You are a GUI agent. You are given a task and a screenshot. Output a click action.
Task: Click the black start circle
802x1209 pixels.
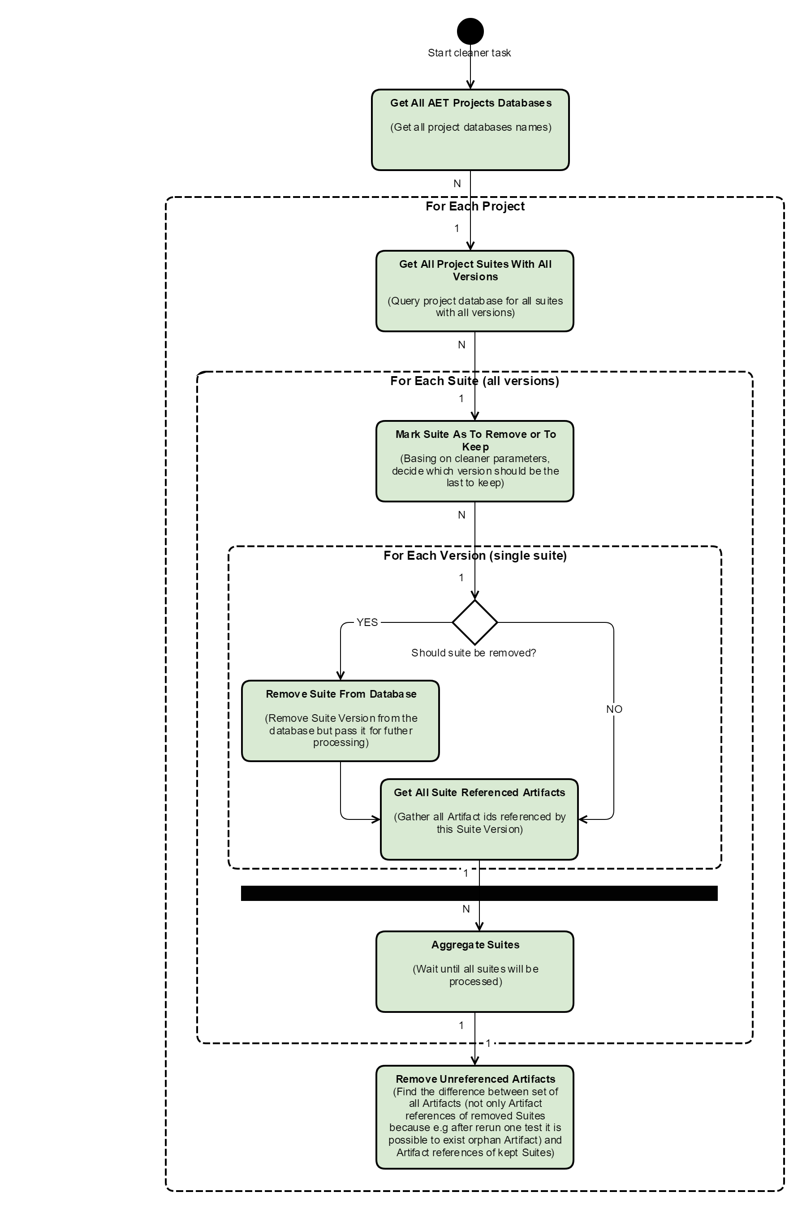coord(470,31)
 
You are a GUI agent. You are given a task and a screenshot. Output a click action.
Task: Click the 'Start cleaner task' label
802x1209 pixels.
coord(469,53)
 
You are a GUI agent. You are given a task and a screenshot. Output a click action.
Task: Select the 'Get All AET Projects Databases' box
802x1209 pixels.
coord(470,130)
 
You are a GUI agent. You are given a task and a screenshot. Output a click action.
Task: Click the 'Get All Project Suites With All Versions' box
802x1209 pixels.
coord(474,291)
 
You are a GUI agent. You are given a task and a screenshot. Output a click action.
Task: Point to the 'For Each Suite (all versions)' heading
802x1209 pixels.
coord(474,381)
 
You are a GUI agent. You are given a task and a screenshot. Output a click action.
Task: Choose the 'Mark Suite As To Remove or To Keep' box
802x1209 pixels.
coord(474,461)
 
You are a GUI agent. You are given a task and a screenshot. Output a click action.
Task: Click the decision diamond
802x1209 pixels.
coord(474,622)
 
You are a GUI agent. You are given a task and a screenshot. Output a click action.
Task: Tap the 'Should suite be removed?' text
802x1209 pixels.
coord(473,653)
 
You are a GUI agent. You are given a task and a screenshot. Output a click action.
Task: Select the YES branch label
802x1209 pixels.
coord(367,622)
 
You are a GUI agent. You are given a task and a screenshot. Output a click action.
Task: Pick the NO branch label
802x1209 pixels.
coord(614,709)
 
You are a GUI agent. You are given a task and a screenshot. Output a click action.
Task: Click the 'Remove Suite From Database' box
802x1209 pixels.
coord(340,721)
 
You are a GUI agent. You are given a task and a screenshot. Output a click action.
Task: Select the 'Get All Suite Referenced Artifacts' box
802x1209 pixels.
coord(479,819)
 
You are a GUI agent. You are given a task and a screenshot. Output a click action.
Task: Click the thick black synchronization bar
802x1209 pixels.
coord(479,893)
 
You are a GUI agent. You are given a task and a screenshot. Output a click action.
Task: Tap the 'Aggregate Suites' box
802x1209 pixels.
coord(474,971)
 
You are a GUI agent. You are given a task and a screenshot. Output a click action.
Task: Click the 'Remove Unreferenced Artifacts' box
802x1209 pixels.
coord(474,1118)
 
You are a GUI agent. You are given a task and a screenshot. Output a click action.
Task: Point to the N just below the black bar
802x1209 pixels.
coord(466,909)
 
